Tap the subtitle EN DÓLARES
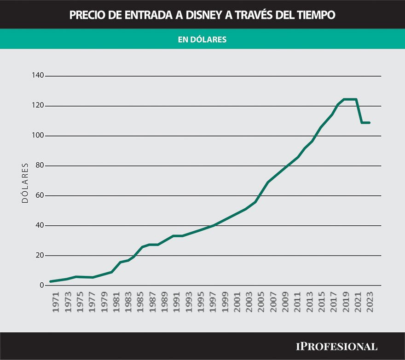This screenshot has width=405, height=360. tap(202, 40)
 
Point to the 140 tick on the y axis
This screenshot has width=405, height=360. tap(38, 75)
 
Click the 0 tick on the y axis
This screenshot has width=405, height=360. tap(41, 286)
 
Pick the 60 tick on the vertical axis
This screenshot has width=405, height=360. tap(40, 195)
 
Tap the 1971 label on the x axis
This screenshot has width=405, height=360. tap(56, 302)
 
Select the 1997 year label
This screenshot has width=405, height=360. tap(212, 302)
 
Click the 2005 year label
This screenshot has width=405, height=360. tap(260, 302)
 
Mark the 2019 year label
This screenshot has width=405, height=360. tap(345, 302)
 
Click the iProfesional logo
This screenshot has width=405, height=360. tap(336, 346)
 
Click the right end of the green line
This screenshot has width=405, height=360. tap(370, 123)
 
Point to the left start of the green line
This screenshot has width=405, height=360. tap(51, 281)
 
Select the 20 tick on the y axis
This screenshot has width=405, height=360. tap(40, 256)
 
